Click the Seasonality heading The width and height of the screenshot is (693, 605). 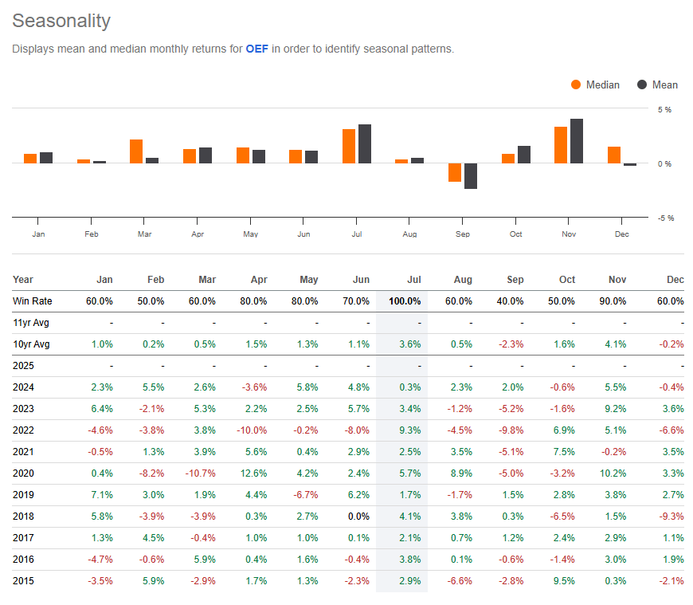coord(61,21)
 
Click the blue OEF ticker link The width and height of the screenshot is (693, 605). coord(256,49)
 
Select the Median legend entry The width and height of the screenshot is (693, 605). coord(595,84)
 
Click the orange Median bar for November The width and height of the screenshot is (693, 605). coord(561,144)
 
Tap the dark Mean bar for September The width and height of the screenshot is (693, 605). coord(471,175)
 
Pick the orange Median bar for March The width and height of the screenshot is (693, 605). coord(136,151)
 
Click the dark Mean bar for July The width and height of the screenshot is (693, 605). coord(365,143)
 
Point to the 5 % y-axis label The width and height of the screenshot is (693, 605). coord(664,109)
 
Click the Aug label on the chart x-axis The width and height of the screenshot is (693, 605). coord(410,234)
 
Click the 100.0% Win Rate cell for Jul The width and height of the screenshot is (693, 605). coord(405,301)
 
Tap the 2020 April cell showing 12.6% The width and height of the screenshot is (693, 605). coord(254,473)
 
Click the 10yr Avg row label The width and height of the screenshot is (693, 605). coord(31,344)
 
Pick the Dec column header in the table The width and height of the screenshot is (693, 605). coord(675,280)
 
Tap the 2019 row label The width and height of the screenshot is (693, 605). coord(23,495)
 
